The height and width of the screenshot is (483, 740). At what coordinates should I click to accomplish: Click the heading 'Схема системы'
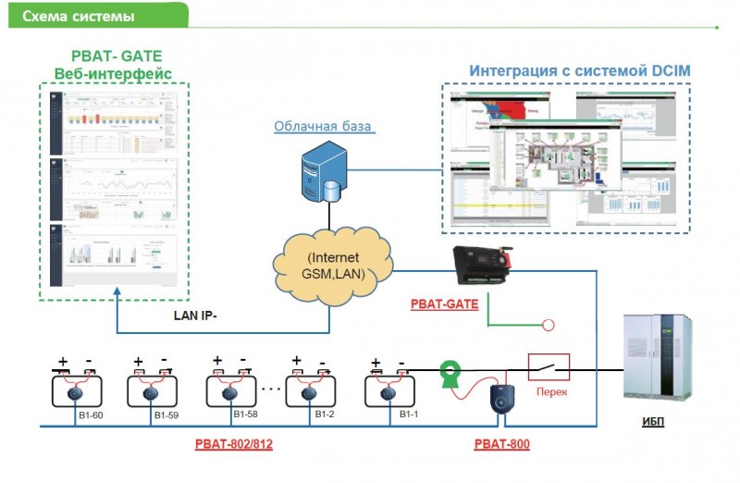coord(78,16)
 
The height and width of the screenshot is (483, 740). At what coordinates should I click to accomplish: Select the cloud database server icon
coord(320,174)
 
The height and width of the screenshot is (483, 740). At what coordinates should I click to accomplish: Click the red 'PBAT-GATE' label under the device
coord(444,303)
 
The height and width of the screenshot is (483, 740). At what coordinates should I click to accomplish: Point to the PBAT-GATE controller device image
coord(481,266)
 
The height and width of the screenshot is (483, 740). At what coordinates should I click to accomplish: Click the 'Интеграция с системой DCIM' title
coord(579,70)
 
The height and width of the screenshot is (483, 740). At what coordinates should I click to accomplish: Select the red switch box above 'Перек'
coord(549,366)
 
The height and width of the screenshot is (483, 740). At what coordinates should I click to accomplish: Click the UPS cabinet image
coord(658,360)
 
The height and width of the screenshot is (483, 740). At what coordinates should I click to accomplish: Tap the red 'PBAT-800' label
coord(501,443)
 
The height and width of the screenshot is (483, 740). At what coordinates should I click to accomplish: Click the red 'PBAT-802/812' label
coord(234,443)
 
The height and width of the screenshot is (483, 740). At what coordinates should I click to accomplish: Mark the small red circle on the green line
coord(548,325)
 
